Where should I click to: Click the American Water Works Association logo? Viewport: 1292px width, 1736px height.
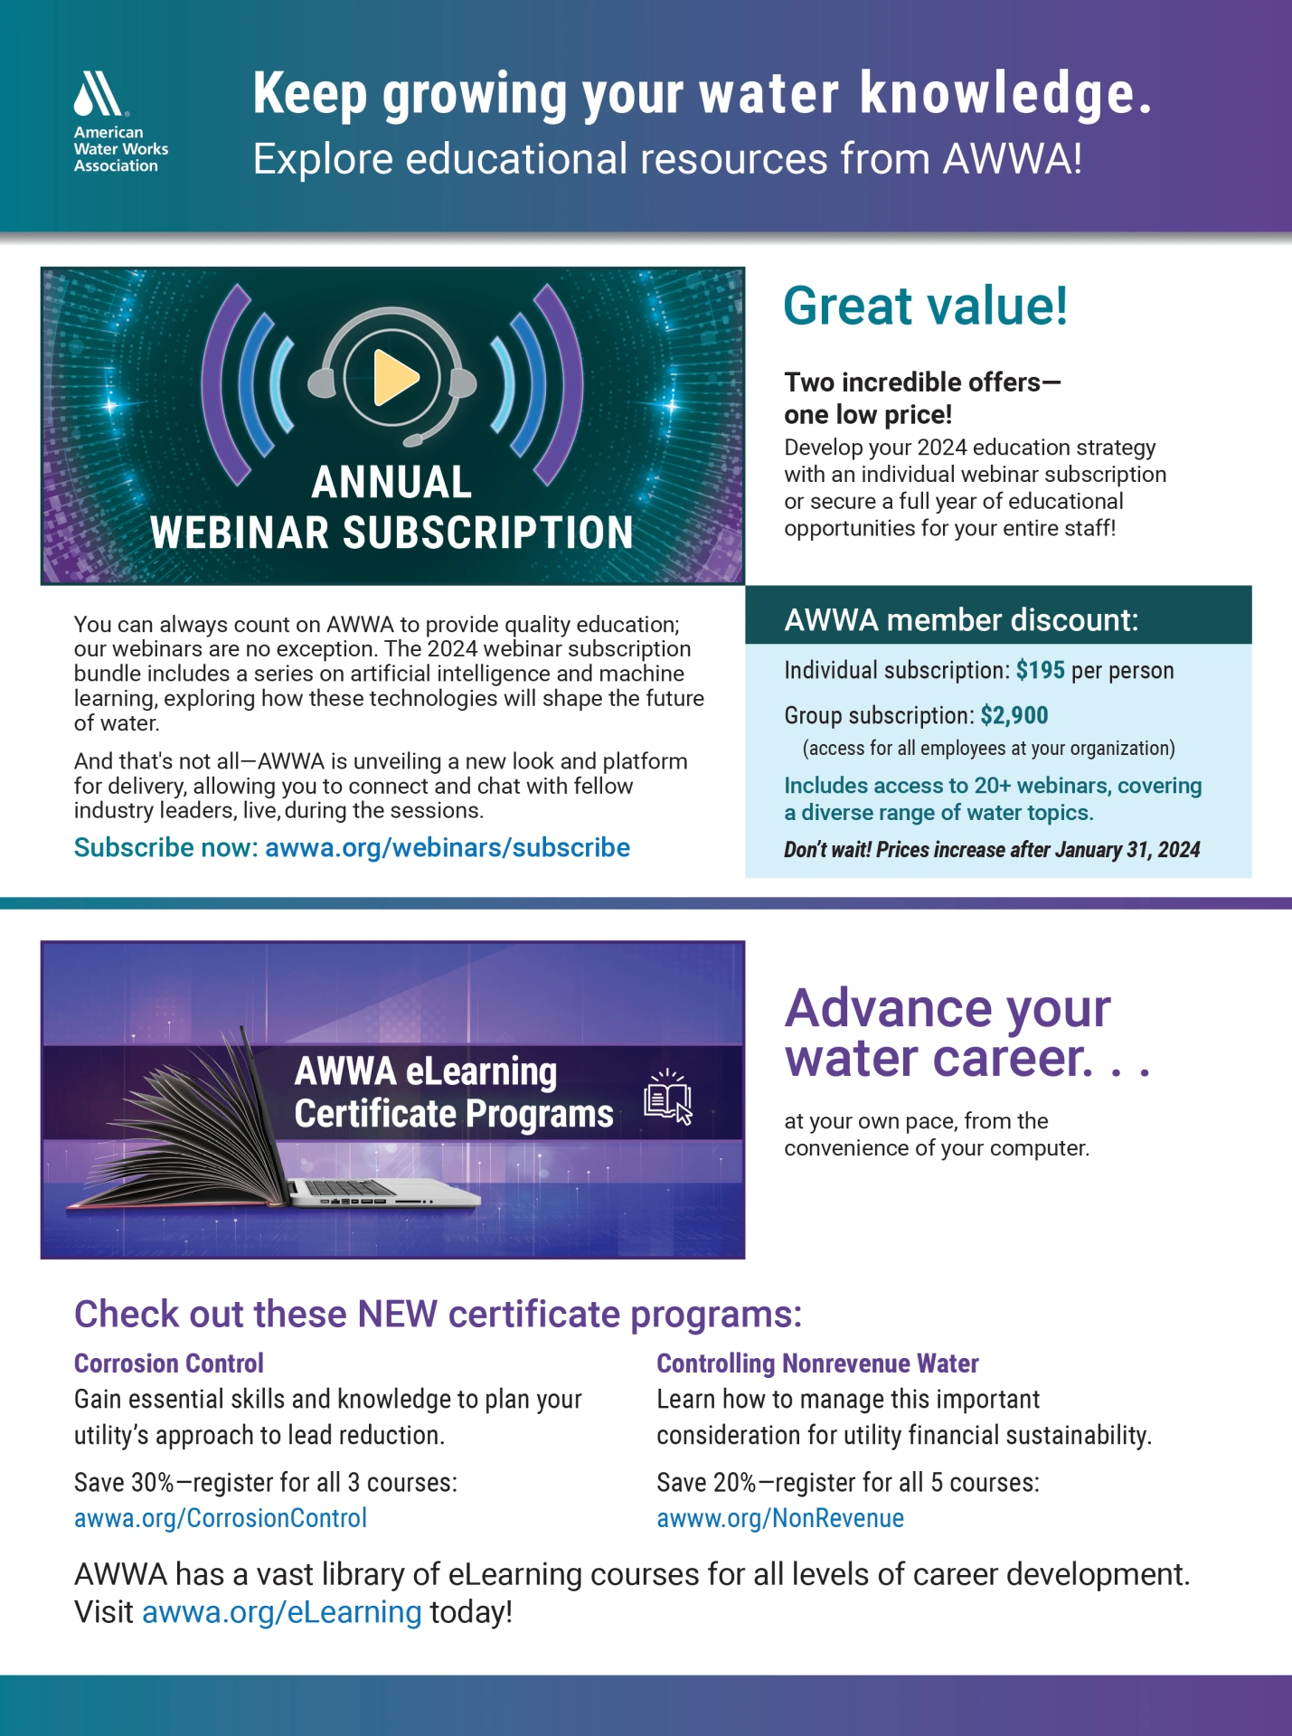120,122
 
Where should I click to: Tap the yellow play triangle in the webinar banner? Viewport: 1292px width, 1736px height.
395,376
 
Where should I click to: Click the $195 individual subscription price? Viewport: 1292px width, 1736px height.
1041,670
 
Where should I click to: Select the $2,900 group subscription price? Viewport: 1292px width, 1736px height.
1014,715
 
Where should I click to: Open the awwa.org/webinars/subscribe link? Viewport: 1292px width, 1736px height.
448,847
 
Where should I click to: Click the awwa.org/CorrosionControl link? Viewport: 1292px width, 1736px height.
221,1518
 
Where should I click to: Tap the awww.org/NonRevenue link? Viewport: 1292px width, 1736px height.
780,1518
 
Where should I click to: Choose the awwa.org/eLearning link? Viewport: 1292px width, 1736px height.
282,1612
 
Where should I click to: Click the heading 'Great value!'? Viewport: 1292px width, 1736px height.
925,306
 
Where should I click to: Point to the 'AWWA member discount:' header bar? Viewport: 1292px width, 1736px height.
998,615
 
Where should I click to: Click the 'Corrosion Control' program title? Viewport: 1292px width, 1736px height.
169,1363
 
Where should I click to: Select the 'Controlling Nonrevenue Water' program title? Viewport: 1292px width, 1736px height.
817,1363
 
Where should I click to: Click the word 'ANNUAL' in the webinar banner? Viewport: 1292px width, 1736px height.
391,482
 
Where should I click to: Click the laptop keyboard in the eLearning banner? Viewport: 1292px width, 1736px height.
353,1188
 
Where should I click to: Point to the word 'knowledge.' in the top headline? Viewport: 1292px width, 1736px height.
1005,94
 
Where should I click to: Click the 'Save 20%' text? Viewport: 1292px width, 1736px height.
706,1482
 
